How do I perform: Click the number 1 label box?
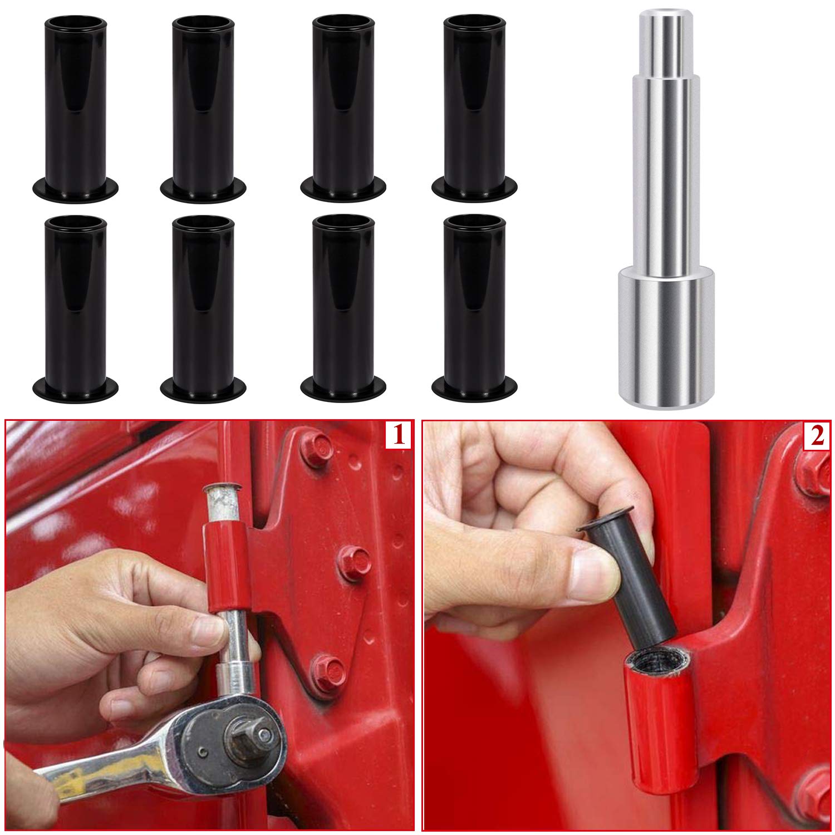coord(399,435)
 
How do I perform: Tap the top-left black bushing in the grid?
coord(76,106)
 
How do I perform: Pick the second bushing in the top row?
coord(203,106)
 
